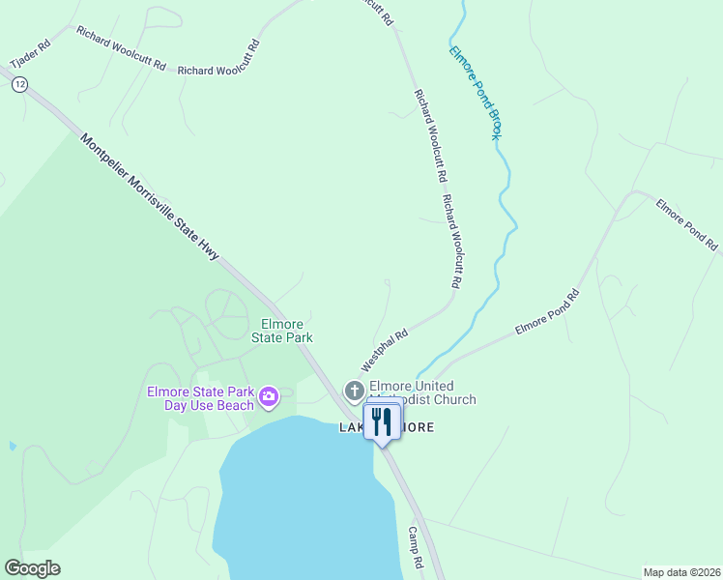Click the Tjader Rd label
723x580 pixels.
tap(30, 54)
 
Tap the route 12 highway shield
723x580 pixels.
tap(19, 85)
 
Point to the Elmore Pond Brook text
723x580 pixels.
tap(476, 92)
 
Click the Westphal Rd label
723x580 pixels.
tap(385, 350)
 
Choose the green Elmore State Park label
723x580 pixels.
tap(282, 331)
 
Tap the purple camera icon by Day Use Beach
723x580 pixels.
tap(269, 394)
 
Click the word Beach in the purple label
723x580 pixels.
tap(234, 406)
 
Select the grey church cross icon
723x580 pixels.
tap(355, 391)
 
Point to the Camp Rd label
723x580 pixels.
tap(417, 547)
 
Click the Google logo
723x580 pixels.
tap(32, 568)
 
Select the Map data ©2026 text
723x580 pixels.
tap(681, 572)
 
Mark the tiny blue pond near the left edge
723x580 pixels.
tap(12, 447)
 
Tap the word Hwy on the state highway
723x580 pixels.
tap(210, 246)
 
